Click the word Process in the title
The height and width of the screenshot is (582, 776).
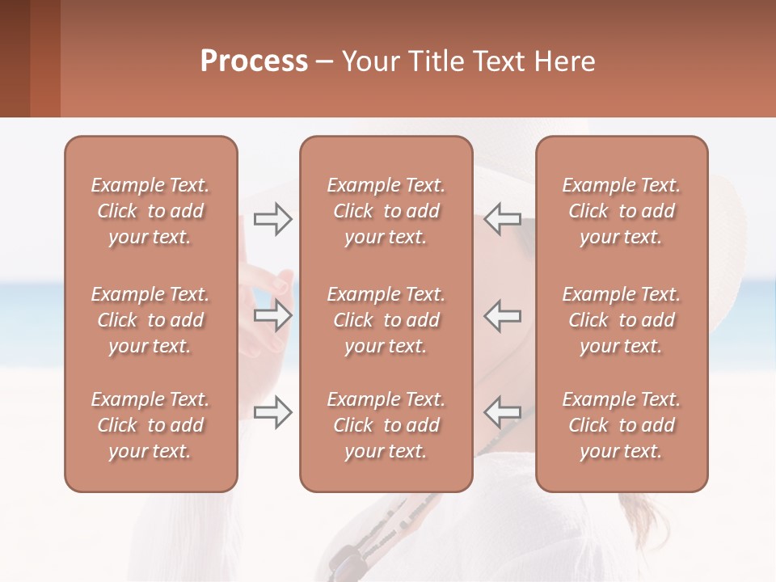pos(254,61)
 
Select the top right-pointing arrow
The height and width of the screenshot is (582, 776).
pos(272,219)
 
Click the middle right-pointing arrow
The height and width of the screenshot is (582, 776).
pos(272,315)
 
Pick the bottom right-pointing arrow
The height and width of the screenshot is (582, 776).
pos(272,412)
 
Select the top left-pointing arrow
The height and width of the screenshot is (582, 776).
pos(502,219)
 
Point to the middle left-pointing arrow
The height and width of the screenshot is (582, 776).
pos(502,315)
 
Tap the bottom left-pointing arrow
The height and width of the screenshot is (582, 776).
pos(502,412)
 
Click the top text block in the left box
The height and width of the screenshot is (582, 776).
pos(150,211)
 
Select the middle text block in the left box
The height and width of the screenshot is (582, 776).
pos(150,320)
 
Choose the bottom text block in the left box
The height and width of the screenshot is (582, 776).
pos(150,425)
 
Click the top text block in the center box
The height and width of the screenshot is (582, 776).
pos(386,211)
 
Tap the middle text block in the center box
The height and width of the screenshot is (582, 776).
pos(386,320)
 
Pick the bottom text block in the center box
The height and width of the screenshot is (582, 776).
pos(386,425)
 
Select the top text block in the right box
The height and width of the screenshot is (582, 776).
pos(621,211)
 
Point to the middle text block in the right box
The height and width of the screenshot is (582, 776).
pos(621,320)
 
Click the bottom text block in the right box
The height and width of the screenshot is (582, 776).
pos(621,425)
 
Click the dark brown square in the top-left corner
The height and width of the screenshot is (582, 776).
pos(15,58)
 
